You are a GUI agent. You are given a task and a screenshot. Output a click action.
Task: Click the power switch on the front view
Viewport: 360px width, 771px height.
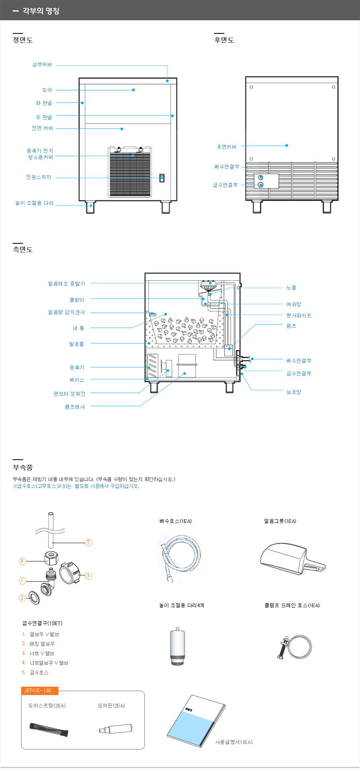(x=162, y=178)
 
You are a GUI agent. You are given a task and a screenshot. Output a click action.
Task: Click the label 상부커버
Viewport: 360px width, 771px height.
(x=42, y=64)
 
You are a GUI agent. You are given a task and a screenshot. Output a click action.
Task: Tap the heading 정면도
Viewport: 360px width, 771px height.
(x=23, y=40)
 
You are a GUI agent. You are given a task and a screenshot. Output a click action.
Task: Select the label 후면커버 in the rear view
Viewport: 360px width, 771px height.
(x=227, y=147)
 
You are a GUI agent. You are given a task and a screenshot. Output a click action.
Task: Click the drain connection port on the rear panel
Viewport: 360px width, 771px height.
(x=261, y=177)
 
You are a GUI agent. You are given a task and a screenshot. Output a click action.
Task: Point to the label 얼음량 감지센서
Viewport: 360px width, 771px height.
(x=66, y=313)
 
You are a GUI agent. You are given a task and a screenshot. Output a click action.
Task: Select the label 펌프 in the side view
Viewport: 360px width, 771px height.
(x=291, y=326)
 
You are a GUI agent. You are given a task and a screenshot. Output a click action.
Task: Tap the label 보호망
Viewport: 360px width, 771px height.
(x=294, y=392)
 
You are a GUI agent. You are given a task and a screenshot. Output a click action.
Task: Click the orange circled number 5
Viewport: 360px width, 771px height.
(x=89, y=542)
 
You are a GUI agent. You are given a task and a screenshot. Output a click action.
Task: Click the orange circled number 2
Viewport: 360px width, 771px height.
(x=22, y=598)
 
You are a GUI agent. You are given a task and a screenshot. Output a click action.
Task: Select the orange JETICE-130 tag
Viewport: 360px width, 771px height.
(x=40, y=691)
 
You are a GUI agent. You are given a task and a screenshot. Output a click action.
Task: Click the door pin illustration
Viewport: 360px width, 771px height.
(x=116, y=729)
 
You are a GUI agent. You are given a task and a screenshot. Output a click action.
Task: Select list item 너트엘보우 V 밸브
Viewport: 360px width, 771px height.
(x=49, y=663)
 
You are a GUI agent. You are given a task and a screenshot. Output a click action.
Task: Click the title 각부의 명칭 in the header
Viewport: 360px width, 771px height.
(x=41, y=11)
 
